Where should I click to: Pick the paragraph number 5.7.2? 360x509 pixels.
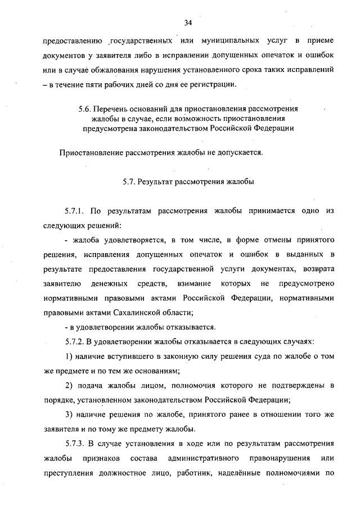coord(75,341)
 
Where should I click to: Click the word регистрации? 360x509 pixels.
coord(217,85)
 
